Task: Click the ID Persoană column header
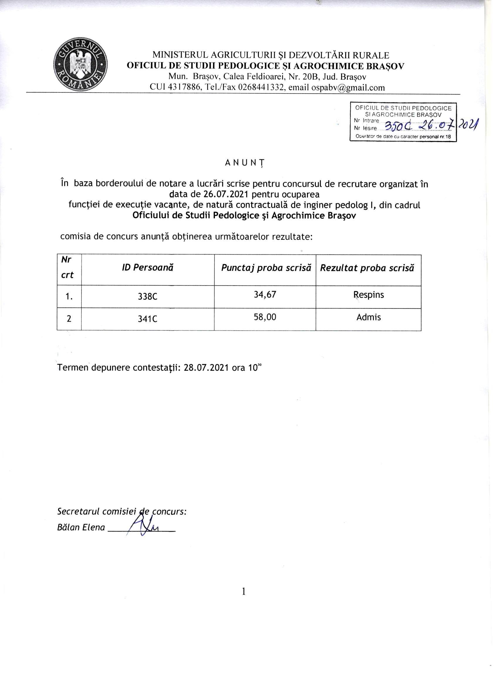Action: (x=148, y=268)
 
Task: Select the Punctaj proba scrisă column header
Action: (x=266, y=268)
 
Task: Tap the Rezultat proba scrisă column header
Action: (x=367, y=268)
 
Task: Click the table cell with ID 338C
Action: (x=148, y=297)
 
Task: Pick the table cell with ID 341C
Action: (x=148, y=319)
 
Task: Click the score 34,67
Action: (x=265, y=295)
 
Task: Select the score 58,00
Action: (x=265, y=317)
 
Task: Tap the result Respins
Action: (x=369, y=295)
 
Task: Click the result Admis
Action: (x=369, y=317)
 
